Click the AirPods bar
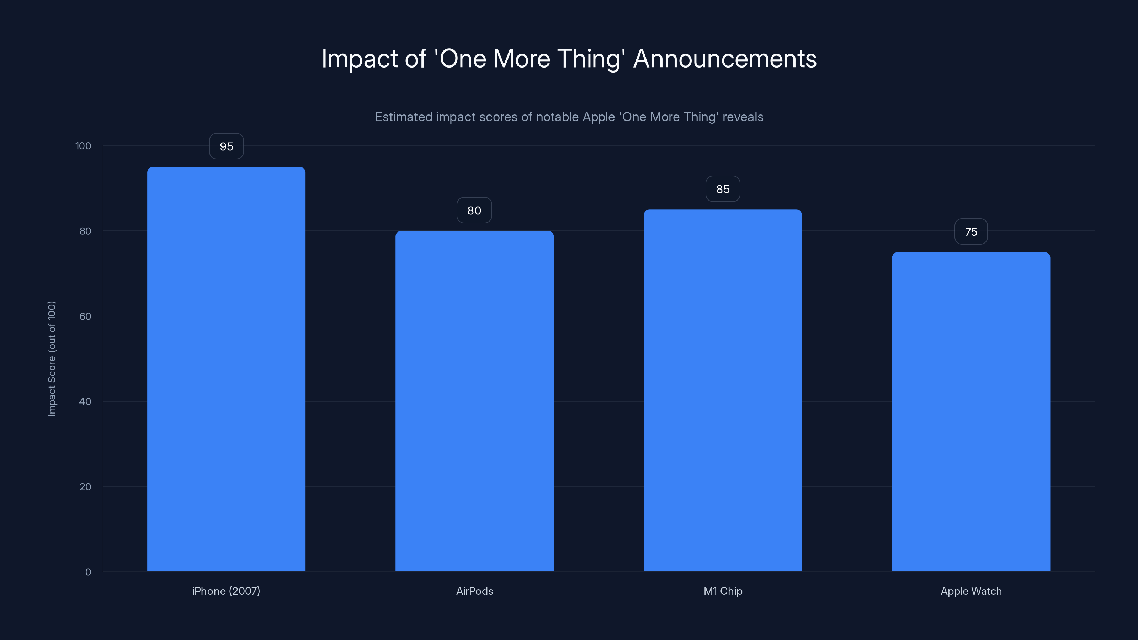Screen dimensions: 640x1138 click(474, 401)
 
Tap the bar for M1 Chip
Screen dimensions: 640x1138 click(723, 390)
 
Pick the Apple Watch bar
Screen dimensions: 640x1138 click(971, 411)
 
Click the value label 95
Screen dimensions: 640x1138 click(226, 146)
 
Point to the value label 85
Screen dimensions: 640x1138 click(723, 189)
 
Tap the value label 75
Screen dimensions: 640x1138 click(971, 232)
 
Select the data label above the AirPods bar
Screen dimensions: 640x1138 click(474, 210)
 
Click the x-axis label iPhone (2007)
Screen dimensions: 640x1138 click(226, 591)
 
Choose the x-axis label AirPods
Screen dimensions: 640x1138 click(474, 591)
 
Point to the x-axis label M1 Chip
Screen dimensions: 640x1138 click(723, 591)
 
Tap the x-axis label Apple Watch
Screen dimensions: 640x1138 click(971, 591)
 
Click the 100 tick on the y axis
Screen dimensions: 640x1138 click(83, 146)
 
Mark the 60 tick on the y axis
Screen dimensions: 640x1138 click(85, 316)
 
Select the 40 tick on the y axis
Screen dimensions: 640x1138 click(85, 401)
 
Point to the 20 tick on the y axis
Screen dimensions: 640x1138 click(85, 487)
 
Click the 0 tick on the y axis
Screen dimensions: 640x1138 click(88, 572)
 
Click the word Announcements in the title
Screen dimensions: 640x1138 click(725, 59)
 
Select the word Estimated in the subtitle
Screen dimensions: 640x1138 click(403, 117)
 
